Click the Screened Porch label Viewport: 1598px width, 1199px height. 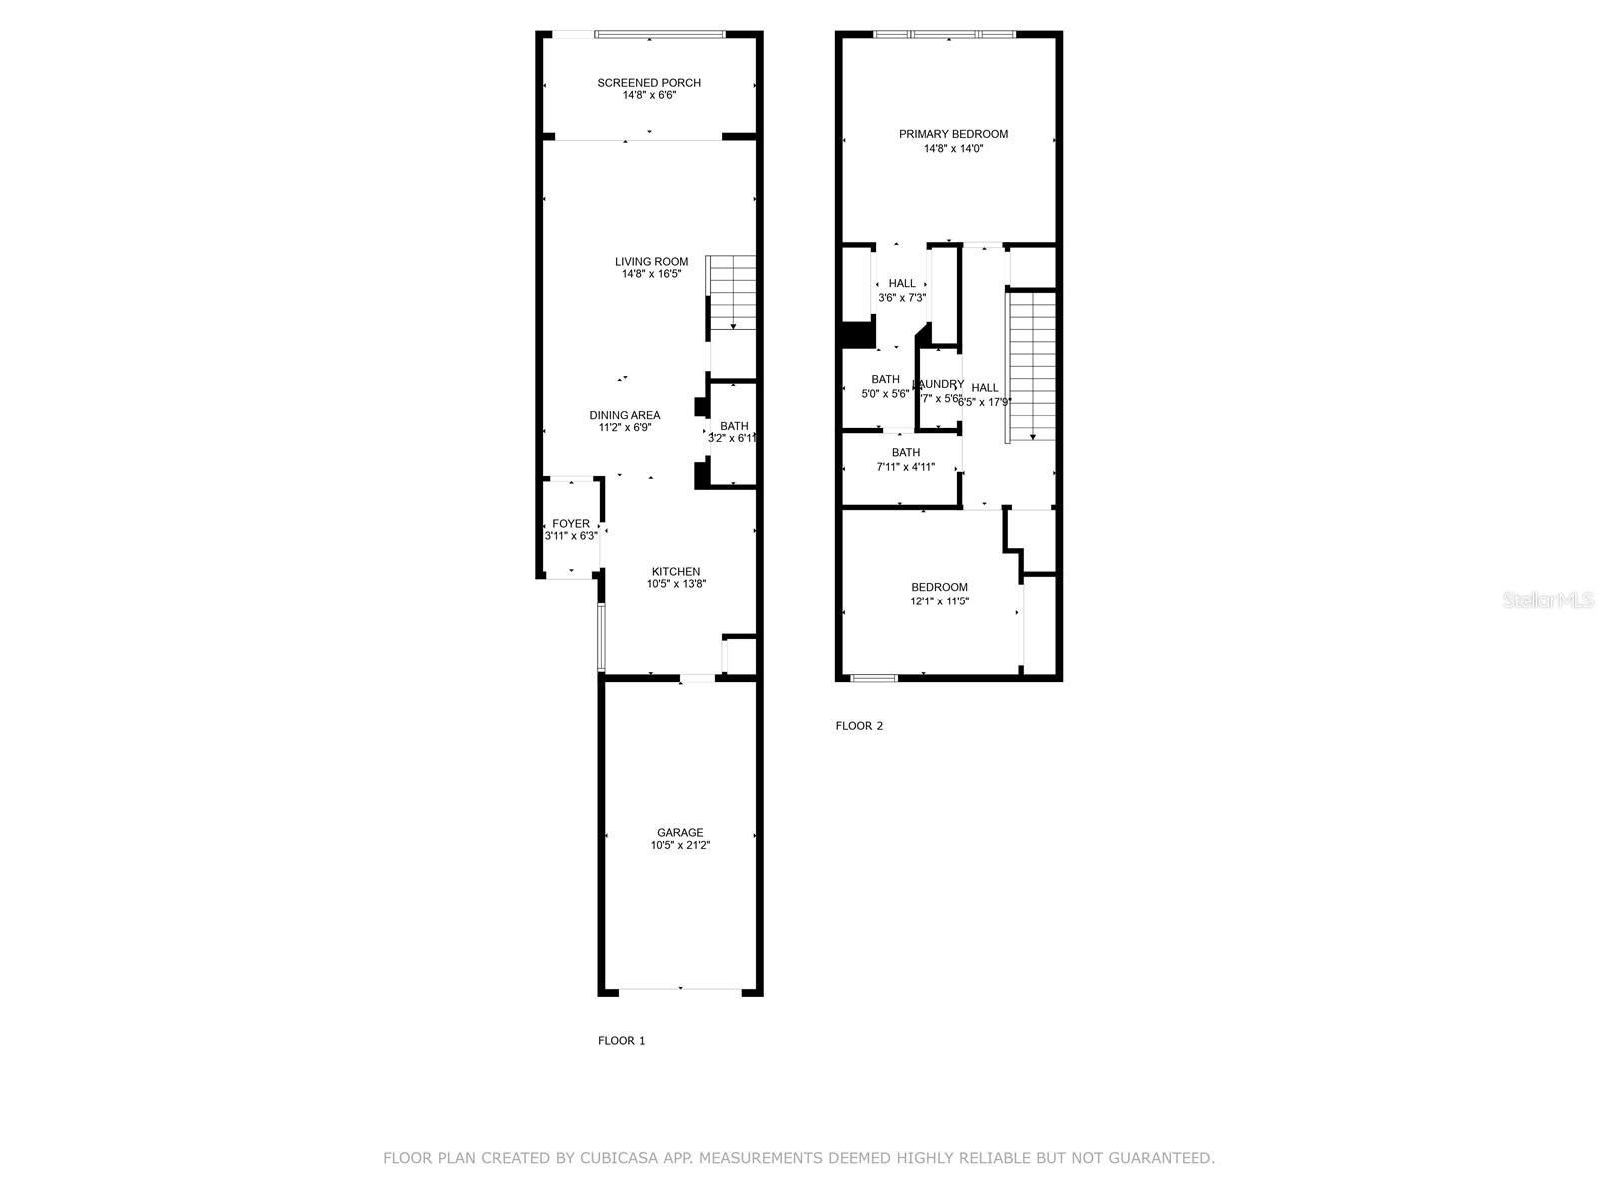point(649,83)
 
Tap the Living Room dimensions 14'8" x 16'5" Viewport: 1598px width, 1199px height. point(651,274)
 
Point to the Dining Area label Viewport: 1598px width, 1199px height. point(624,415)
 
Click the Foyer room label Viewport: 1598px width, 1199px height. point(571,524)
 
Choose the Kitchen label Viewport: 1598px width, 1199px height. point(676,572)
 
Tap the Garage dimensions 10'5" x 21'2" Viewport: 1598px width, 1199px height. point(680,845)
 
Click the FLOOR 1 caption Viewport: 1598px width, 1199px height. point(621,1040)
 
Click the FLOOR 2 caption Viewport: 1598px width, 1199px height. point(859,726)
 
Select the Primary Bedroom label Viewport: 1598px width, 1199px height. point(953,134)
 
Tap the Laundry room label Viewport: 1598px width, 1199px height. point(939,384)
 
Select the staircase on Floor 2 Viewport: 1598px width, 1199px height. point(1032,365)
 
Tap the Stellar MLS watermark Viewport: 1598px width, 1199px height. point(1548,600)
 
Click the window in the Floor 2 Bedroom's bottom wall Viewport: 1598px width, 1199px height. point(874,678)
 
